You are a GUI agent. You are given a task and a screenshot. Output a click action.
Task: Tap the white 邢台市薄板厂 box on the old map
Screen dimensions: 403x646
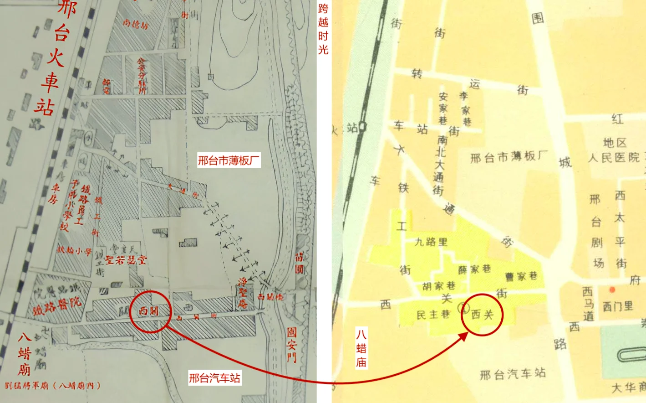(229, 160)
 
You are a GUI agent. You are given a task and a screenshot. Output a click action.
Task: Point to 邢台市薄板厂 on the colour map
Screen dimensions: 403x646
(509, 157)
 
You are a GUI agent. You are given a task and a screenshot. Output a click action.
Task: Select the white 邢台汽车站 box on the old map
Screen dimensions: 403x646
(214, 378)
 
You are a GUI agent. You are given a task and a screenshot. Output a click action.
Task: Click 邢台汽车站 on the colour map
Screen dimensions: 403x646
(513, 374)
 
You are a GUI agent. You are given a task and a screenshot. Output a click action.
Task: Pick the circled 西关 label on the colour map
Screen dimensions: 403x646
(482, 314)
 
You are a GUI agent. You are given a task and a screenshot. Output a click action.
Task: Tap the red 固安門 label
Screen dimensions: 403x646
(292, 345)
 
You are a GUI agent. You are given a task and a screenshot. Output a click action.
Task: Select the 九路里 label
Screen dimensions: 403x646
(431, 242)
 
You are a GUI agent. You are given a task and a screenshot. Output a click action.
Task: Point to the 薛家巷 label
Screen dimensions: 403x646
(474, 269)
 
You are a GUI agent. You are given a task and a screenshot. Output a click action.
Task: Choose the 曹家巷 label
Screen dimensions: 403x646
(521, 276)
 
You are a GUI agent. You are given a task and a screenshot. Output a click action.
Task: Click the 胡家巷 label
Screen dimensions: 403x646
(438, 286)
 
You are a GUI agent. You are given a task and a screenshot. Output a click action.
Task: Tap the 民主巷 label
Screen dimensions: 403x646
(433, 315)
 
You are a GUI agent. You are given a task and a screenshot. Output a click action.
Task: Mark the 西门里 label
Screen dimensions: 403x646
(618, 306)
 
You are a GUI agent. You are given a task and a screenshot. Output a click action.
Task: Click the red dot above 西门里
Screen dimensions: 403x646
(612, 289)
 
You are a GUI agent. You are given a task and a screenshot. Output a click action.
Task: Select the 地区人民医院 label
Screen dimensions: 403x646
(614, 151)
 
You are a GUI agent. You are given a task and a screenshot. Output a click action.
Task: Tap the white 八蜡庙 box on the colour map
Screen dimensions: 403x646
(361, 349)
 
